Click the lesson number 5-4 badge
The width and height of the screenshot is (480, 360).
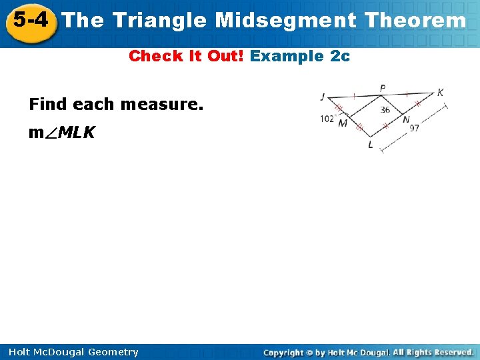(x=30, y=21)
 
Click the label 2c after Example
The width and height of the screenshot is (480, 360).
(x=340, y=56)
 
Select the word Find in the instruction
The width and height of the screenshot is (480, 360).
(x=49, y=105)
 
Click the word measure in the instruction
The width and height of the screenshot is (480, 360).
(x=162, y=105)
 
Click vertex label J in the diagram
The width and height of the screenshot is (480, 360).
(x=323, y=97)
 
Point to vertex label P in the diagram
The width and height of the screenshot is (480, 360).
(x=383, y=89)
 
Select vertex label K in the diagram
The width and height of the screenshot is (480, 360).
(x=441, y=93)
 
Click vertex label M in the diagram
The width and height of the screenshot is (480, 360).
(x=343, y=123)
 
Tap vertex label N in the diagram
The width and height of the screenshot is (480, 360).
(x=406, y=120)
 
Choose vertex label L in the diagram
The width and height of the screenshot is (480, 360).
(x=371, y=145)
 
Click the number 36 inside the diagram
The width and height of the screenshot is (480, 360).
(x=385, y=110)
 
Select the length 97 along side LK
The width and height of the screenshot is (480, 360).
(x=414, y=128)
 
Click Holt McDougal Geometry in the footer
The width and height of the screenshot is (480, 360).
(x=75, y=352)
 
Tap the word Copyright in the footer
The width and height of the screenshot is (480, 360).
(x=284, y=352)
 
